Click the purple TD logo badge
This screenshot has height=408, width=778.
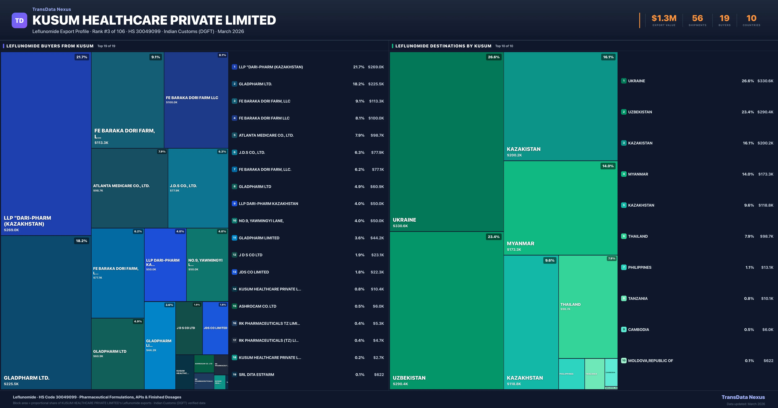tap(19, 21)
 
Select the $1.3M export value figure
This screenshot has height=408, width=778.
tap(664, 18)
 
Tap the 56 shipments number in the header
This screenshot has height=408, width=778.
tap(697, 18)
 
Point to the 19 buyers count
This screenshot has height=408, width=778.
tap(724, 18)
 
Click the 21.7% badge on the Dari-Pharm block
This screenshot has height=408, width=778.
tap(82, 57)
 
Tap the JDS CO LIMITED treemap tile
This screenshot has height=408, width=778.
tap(215, 328)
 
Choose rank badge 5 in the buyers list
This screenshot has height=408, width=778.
tap(234, 135)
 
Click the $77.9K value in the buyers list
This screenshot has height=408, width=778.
tap(377, 152)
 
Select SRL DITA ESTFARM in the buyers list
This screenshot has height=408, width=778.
tap(256, 374)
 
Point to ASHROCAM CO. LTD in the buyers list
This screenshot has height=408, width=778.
tap(257, 306)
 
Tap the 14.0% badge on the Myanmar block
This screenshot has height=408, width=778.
tap(608, 166)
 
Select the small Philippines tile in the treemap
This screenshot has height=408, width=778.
tap(571, 374)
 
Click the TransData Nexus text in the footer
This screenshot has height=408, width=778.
tap(743, 397)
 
